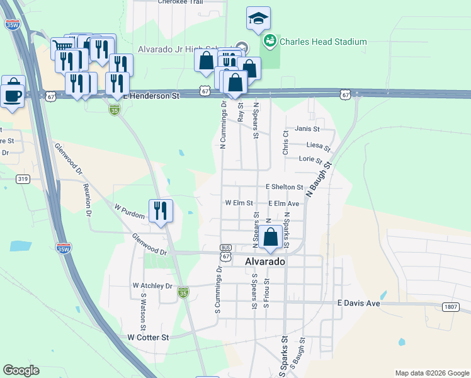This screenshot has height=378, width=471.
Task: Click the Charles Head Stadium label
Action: (323, 42)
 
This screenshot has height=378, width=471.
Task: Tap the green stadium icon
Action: (270, 41)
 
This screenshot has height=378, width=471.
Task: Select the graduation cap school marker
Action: (258, 20)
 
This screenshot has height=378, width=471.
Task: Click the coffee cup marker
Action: (13, 94)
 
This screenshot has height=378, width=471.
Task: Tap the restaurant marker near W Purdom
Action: (161, 210)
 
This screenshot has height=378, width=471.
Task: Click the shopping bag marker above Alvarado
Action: (271, 238)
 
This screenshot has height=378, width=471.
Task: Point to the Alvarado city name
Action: (264, 261)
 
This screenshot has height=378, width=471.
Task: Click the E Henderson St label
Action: (151, 96)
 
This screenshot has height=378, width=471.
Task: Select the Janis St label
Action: (308, 129)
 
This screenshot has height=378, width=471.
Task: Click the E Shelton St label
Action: (285, 187)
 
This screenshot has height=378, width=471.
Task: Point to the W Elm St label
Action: (239, 203)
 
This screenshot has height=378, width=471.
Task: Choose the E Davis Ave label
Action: (359, 303)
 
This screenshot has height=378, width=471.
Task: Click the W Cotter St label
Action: (149, 338)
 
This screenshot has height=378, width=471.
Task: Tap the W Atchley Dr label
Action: (152, 285)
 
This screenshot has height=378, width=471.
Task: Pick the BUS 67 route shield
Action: (225, 252)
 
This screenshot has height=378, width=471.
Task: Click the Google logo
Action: (21, 370)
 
